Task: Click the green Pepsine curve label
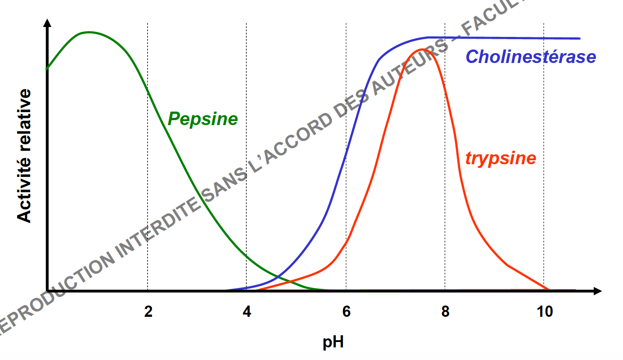(203, 119)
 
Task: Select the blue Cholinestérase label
(531, 57)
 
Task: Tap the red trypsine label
(501, 158)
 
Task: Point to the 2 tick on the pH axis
(148, 312)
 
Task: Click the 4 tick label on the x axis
(247, 312)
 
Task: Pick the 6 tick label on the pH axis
(346, 312)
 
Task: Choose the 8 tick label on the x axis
(445, 312)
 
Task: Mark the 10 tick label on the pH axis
(545, 312)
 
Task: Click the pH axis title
(333, 343)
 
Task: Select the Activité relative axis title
(25, 156)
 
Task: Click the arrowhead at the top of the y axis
(47, 22)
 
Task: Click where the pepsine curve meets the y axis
(47, 69)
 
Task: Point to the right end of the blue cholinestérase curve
(580, 38)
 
